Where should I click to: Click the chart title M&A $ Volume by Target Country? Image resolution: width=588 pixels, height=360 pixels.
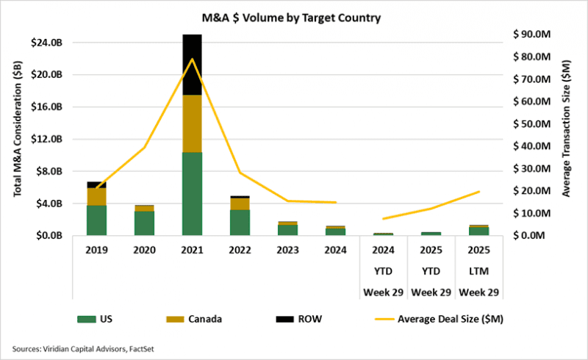(293, 17)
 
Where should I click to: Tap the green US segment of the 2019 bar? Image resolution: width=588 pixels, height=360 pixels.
(96, 220)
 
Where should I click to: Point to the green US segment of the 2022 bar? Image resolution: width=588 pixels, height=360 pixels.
(240, 223)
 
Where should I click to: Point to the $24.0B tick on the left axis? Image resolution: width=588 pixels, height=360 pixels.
(47, 43)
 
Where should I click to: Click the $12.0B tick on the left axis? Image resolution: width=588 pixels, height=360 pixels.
(47, 139)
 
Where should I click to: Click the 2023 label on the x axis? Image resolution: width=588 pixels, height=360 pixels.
(288, 250)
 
